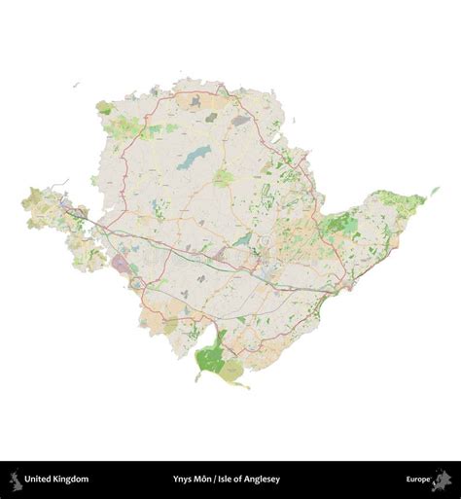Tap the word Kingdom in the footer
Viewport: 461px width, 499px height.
(x=71, y=480)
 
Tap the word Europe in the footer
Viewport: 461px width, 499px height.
(x=418, y=480)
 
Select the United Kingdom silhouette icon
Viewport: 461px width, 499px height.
(x=16, y=479)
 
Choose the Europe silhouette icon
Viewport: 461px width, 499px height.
(x=443, y=479)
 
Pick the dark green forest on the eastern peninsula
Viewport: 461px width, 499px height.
(x=339, y=226)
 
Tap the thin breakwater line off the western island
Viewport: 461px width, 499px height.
(x=60, y=182)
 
